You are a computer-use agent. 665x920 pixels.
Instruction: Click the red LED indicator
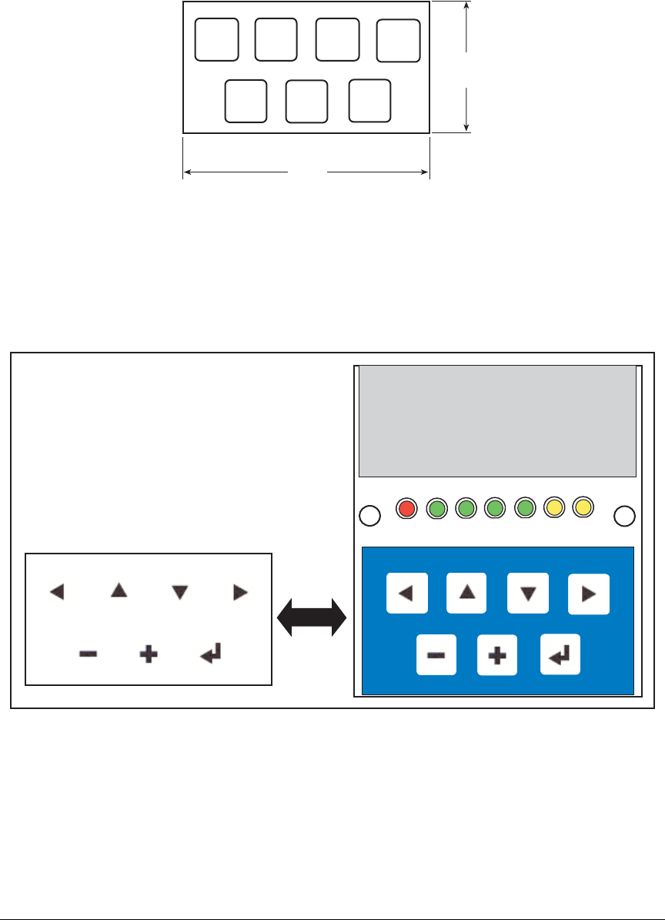(407, 508)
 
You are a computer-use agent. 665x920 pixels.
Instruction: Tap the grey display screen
(497, 421)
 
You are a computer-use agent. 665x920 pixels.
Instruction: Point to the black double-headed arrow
(312, 617)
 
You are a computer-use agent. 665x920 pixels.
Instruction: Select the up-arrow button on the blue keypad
(466, 593)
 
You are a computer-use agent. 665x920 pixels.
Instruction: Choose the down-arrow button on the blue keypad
(528, 593)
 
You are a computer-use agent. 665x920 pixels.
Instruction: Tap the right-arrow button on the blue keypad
(589, 594)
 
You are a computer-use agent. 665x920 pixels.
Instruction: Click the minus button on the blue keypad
(436, 655)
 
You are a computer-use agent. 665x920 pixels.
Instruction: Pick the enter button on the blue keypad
(560, 654)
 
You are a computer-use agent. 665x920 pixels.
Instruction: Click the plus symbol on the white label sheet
(149, 655)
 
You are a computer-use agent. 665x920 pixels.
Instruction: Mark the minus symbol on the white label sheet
(88, 655)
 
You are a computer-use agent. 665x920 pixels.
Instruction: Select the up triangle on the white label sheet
(118, 590)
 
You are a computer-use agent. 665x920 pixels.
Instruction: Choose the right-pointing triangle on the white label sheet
(241, 592)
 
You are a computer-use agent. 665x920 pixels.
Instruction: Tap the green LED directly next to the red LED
(437, 508)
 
